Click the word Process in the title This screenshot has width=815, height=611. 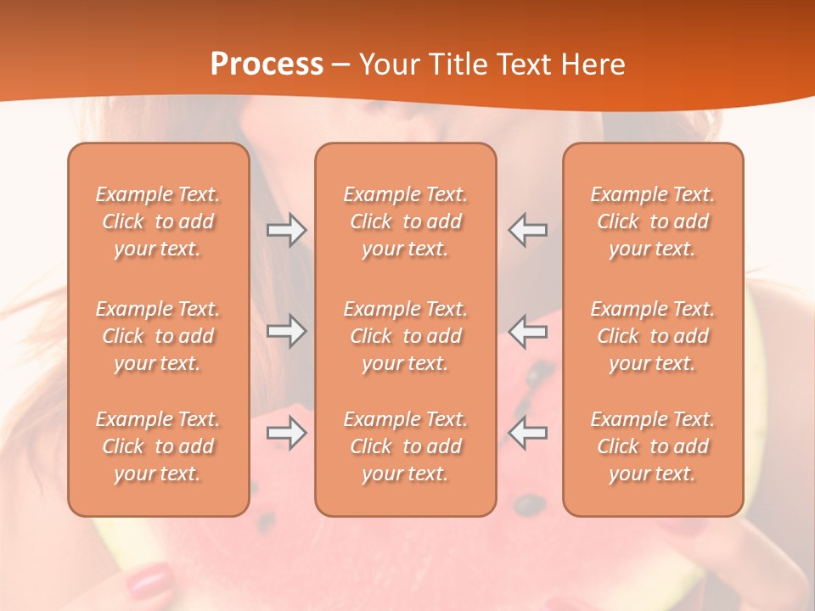coord(267,64)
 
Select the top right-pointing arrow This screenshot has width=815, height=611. coord(286,230)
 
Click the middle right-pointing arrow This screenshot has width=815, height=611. coord(286,331)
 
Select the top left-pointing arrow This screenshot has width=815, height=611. coord(528,230)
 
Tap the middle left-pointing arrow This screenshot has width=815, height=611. coord(528,331)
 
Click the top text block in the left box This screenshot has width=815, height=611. coord(158,221)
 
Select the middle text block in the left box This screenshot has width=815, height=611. coord(158,336)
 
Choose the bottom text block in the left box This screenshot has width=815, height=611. coord(158,446)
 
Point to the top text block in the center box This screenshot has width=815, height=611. coord(405,221)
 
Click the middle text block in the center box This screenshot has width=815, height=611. coord(405,336)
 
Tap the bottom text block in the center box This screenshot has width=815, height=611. coord(405,446)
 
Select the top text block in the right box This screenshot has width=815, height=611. coord(652,221)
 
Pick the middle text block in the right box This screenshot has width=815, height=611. coord(652,336)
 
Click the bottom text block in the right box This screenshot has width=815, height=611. coord(652,446)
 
